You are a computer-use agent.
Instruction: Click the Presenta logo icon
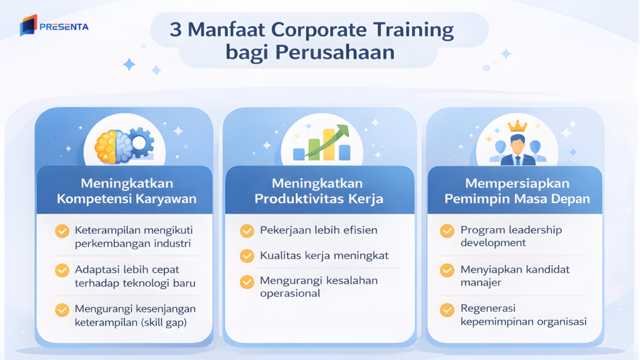[28, 26]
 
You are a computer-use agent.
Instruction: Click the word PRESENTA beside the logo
[64, 27]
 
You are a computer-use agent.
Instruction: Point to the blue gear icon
[141, 143]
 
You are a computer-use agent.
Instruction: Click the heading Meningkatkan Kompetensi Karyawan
[127, 191]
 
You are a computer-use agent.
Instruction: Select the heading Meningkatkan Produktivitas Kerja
[318, 191]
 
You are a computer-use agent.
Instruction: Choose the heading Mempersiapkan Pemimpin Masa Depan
[517, 191]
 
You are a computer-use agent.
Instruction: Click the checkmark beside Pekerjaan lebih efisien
[247, 231]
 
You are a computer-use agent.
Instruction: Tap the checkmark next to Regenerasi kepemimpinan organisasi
[447, 309]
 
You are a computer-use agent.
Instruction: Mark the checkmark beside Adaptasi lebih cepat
[62, 270]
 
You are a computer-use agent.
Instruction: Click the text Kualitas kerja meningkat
[324, 256]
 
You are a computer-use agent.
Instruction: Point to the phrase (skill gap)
[164, 322]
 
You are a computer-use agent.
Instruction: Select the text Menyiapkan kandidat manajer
[515, 276]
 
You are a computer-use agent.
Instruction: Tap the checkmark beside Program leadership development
[447, 231]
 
